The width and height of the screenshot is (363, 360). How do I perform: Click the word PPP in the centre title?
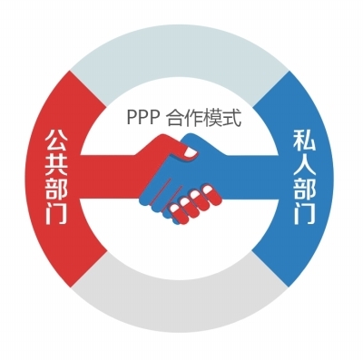tap(142, 118)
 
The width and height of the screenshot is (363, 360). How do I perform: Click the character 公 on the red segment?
tap(56, 141)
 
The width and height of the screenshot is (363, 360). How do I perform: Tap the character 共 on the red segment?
tap(56, 165)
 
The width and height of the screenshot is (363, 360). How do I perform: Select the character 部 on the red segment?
tap(56, 190)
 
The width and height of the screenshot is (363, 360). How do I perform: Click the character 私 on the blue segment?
tap(304, 141)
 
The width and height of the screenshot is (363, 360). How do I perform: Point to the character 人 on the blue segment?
tap(304, 165)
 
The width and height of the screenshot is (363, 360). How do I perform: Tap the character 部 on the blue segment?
tap(304, 190)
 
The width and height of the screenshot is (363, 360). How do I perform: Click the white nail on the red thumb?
tap(191, 152)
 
